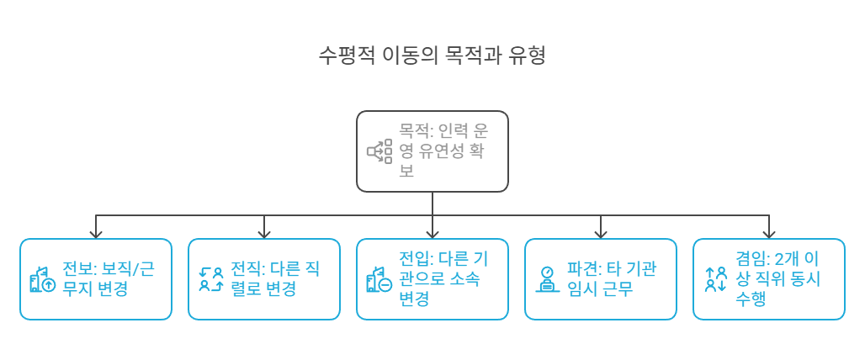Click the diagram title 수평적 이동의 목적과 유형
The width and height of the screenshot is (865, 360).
point(432,56)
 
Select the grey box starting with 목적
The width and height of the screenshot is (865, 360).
point(432,151)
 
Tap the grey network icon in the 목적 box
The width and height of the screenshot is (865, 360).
point(379,151)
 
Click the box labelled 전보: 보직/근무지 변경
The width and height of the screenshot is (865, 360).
point(96,279)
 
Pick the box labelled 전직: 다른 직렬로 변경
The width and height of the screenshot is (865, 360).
point(264,279)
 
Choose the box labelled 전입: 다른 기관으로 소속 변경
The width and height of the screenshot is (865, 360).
point(432,279)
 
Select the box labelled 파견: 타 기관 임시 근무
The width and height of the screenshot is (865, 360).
point(600,279)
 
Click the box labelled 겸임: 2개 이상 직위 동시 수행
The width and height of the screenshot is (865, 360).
point(768,279)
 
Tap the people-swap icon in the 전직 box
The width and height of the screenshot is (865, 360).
point(211,279)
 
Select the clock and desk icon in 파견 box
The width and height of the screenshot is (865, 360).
point(548,279)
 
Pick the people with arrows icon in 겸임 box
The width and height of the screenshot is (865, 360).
point(716,279)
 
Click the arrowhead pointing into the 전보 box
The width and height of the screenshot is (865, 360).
point(96,233)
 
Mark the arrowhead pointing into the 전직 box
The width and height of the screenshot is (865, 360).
point(264,233)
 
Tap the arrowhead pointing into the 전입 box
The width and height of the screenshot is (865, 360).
point(432,233)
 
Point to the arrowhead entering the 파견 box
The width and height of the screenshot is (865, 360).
point(601,233)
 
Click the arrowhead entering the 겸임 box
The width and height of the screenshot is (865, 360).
point(769,233)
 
